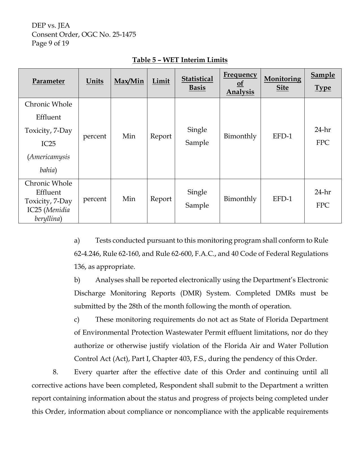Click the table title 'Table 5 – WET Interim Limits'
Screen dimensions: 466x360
pos(180,60)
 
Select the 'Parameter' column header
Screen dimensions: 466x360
pos(49,81)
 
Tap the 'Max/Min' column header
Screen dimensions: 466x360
pos(129,81)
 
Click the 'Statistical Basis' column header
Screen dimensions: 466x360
pos(197,83)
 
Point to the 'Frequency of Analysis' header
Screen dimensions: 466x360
pos(240,83)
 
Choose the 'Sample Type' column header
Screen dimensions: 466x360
pos(323,81)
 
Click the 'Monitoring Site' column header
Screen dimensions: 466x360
pos(282,83)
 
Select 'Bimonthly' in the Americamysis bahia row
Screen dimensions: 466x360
pos(240,136)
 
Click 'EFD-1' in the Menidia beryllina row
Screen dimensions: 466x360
pos(282,199)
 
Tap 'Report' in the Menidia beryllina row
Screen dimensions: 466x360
pos(161,199)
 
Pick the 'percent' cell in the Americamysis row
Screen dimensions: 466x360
pos(95,136)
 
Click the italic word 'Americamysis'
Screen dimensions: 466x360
pos(49,157)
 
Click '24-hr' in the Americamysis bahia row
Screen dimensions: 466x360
pos(323,130)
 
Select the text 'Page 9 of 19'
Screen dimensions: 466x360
pos(50,43)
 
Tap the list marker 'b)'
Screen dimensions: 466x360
pos(77,280)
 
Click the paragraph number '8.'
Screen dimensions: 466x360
pos(55,372)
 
